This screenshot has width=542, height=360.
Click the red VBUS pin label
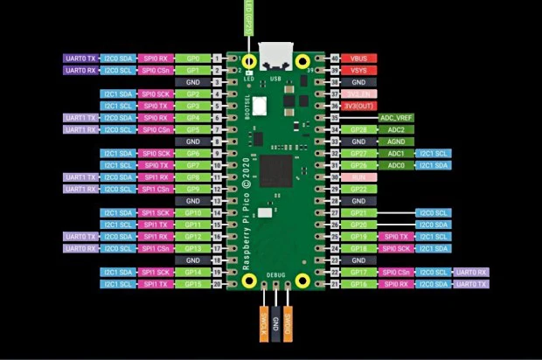pos(358,58)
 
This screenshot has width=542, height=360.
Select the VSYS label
pos(358,70)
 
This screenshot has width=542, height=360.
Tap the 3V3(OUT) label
pos(358,106)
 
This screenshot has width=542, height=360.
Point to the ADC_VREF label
pos(396,117)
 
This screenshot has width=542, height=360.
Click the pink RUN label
pos(358,177)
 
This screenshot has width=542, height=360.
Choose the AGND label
pos(396,141)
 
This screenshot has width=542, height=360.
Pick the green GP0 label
pos(192,58)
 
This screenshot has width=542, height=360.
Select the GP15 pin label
pos(192,284)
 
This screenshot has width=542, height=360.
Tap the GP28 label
pos(358,129)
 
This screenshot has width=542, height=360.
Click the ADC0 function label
pos(396,165)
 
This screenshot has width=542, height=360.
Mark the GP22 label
pos(358,189)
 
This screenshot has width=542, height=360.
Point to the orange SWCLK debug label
pos(263,322)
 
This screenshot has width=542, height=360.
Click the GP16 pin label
pos(358,284)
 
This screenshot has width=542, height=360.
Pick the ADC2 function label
pos(396,129)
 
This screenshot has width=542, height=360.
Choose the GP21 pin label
pos(358,212)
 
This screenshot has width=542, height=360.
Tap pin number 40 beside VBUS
pos(336,58)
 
